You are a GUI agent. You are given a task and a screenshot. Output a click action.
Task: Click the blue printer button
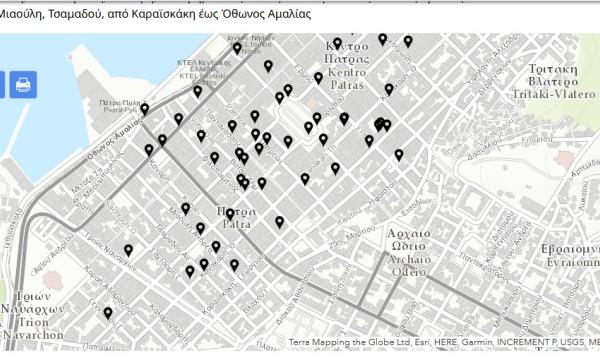[x=22, y=85]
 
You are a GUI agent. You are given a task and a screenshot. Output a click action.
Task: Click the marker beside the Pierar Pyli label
[x=144, y=109]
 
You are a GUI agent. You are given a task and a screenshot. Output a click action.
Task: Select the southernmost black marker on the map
[x=108, y=313]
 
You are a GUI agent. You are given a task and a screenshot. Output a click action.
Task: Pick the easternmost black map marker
[x=408, y=41]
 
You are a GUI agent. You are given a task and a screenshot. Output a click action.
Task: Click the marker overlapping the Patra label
[x=230, y=214]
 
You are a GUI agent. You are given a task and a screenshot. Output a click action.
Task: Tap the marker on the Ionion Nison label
[x=237, y=47]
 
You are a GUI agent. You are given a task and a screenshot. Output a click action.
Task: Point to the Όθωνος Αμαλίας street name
[x=112, y=140]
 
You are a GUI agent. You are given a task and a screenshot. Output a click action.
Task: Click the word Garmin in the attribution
[x=477, y=342]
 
